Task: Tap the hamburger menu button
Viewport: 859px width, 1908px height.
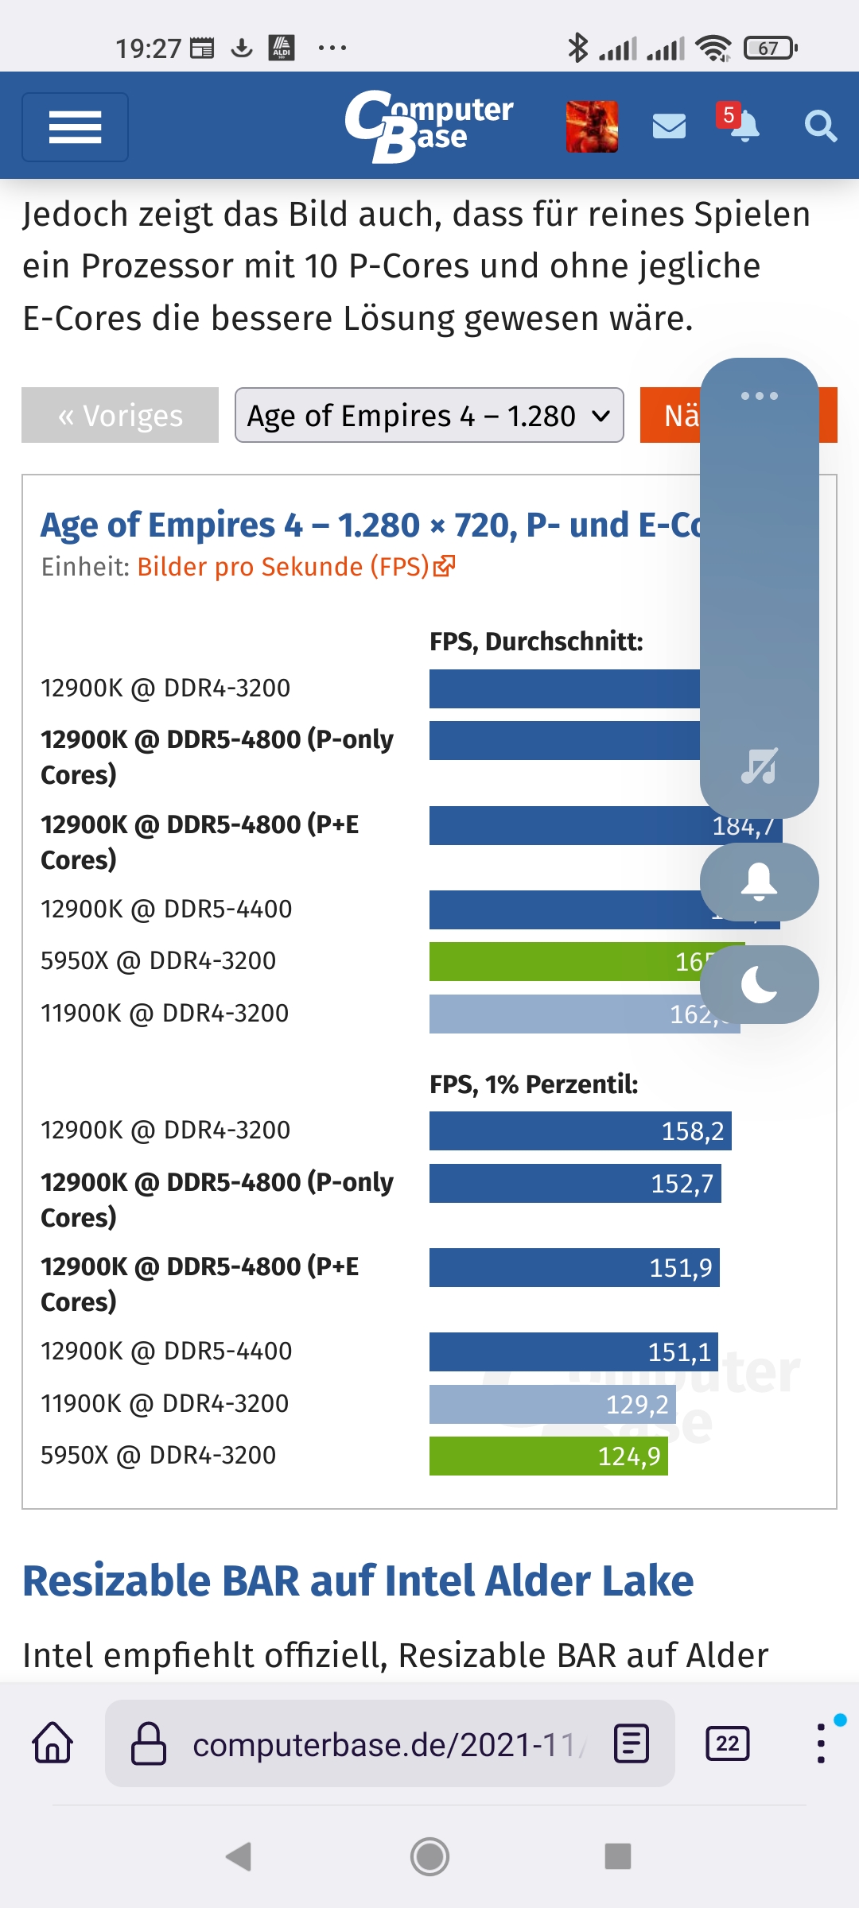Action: coord(75,127)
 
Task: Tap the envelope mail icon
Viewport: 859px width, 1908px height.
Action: coord(669,126)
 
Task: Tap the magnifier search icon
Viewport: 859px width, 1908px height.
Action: coord(820,126)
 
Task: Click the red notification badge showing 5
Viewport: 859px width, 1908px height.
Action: coord(728,115)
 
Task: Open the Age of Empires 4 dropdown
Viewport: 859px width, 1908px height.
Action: coord(429,415)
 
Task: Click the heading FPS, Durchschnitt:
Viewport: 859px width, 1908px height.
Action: coord(536,642)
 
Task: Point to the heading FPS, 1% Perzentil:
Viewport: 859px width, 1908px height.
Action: coord(534,1084)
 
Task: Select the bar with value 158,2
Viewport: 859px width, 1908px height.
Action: coord(580,1130)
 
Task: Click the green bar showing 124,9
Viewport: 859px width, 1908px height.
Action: coord(548,1456)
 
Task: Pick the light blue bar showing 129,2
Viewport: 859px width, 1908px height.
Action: coord(552,1405)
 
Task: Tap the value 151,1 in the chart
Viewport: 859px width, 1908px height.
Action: coord(679,1352)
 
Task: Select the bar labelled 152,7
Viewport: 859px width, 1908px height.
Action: coord(574,1183)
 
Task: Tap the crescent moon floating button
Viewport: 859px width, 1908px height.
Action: coord(759,985)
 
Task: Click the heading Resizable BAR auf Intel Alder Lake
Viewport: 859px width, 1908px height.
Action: coord(358,1580)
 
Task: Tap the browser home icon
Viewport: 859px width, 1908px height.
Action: coord(52,1743)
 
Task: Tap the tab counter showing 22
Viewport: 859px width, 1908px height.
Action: coord(727,1743)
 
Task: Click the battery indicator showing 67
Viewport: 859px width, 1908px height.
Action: coord(769,48)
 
